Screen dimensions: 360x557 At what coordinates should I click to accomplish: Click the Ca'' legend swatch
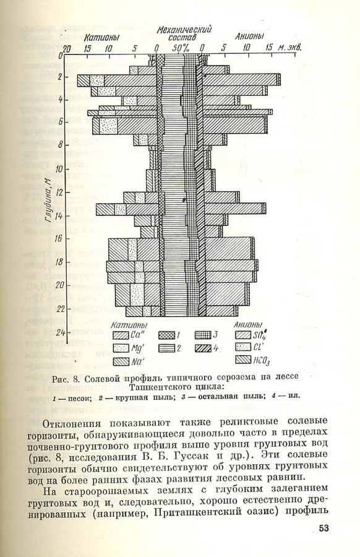click(x=121, y=335)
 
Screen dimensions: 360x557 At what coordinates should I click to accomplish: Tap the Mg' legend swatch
click(x=121, y=348)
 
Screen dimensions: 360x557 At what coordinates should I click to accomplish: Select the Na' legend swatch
click(x=121, y=360)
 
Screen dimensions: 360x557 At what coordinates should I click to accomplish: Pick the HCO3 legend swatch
click(x=243, y=360)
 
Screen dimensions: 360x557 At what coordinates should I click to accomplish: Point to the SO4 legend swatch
click(x=243, y=335)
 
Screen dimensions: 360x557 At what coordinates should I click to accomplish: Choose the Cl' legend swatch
click(x=243, y=348)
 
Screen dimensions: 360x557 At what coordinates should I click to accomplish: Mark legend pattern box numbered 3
click(x=202, y=335)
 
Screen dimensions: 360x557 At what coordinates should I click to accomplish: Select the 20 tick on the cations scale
click(x=67, y=48)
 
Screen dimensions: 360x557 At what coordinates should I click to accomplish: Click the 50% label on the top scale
click(x=181, y=48)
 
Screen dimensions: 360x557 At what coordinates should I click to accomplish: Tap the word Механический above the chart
click(x=184, y=29)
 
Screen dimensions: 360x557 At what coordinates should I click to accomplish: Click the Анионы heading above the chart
click(x=249, y=37)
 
